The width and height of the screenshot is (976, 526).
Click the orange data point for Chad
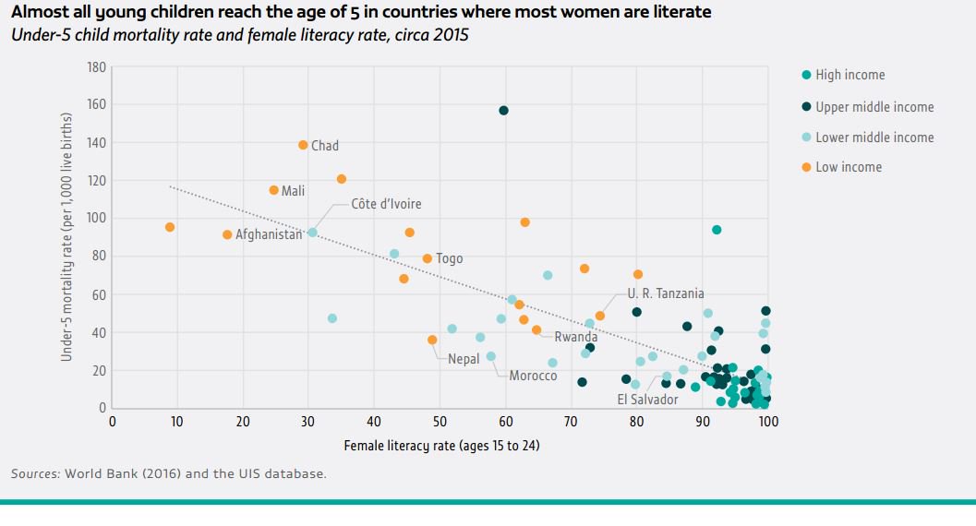pyautogui.click(x=303, y=145)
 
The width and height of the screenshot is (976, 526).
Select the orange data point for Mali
pyautogui.click(x=273, y=190)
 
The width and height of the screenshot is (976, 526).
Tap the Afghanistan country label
pyautogui.click(x=269, y=234)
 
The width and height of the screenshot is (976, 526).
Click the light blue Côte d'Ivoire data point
pyautogui.click(x=312, y=233)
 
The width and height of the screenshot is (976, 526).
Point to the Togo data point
pyautogui.click(x=427, y=258)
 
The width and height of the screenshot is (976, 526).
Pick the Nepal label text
pyautogui.click(x=464, y=358)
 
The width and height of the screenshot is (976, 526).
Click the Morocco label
pyautogui.click(x=533, y=376)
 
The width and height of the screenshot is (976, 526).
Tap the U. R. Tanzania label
pyautogui.click(x=665, y=293)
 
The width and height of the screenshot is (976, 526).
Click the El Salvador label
pyautogui.click(x=647, y=399)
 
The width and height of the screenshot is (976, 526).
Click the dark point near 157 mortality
pyautogui.click(x=503, y=111)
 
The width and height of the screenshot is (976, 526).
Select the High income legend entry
pyautogui.click(x=849, y=75)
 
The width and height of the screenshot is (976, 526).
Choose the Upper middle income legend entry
pyautogui.click(x=874, y=107)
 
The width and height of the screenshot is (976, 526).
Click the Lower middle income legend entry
pyautogui.click(x=874, y=137)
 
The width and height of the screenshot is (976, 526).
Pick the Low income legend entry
pyautogui.click(x=848, y=167)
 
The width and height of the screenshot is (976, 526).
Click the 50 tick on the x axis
pyautogui.click(x=439, y=423)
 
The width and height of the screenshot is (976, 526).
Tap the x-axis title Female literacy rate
pyautogui.click(x=441, y=446)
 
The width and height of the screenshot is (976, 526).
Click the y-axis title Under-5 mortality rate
pyautogui.click(x=66, y=237)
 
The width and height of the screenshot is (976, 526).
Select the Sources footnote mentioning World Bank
pyautogui.click(x=168, y=473)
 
